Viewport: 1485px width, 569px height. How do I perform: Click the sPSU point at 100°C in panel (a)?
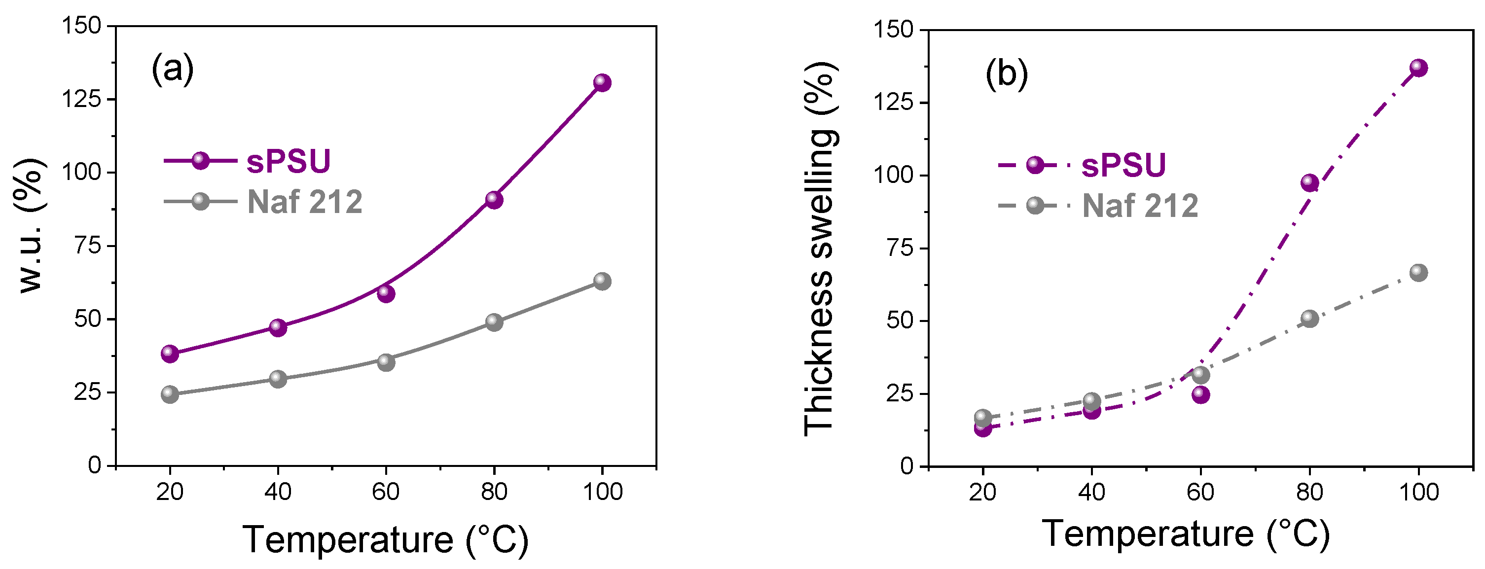(602, 82)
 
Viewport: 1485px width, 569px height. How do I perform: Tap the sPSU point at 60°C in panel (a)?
(386, 293)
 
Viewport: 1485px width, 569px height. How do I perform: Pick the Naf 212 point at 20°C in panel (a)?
(170, 394)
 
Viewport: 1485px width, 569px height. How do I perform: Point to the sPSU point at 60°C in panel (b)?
(1201, 395)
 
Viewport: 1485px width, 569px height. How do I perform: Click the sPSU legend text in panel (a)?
(288, 161)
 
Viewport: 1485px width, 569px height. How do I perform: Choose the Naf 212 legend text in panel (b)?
(1140, 206)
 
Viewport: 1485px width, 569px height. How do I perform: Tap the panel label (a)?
(172, 69)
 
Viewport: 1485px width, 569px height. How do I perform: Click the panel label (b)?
(1007, 73)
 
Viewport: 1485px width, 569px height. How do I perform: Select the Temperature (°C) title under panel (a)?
(385, 539)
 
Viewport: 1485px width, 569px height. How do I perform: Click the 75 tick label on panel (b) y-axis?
(900, 249)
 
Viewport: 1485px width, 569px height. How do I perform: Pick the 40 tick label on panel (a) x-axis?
(278, 492)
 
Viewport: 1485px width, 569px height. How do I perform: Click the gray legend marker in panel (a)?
(200, 201)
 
